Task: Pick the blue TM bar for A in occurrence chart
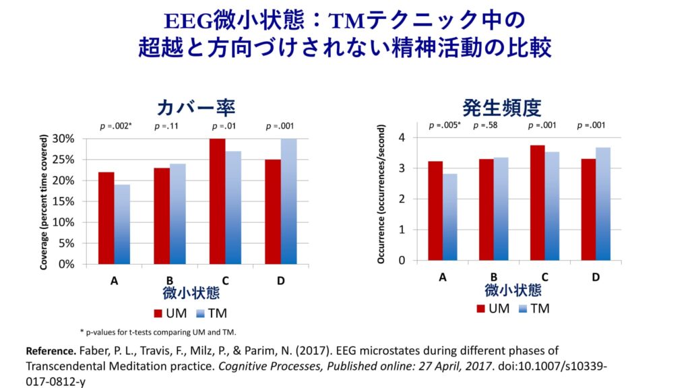point(451,217)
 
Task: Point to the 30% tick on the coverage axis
point(64,139)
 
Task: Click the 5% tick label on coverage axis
point(67,243)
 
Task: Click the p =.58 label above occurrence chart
point(486,125)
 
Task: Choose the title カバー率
point(195,108)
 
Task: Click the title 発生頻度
point(502,108)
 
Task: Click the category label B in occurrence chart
point(494,277)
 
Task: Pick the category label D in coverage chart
point(280,280)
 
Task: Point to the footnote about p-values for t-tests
point(158,331)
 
